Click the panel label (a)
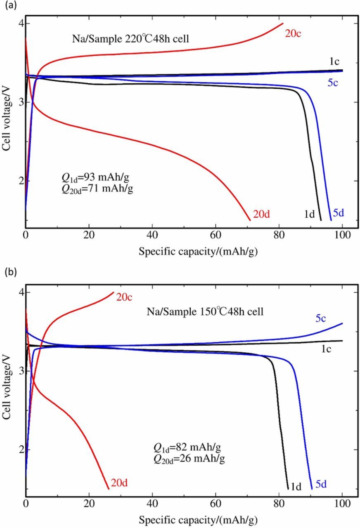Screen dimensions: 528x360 [x=9, y=6]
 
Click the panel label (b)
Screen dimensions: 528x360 [x=9, y=272]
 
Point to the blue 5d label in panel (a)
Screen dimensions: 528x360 [x=338, y=213]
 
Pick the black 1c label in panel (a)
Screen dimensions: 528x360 [x=334, y=61]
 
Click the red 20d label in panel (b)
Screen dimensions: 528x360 [x=118, y=483]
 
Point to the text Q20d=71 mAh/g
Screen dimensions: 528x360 [x=97, y=189]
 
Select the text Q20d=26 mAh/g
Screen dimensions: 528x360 [x=189, y=458]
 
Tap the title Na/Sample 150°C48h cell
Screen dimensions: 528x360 [x=205, y=312]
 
